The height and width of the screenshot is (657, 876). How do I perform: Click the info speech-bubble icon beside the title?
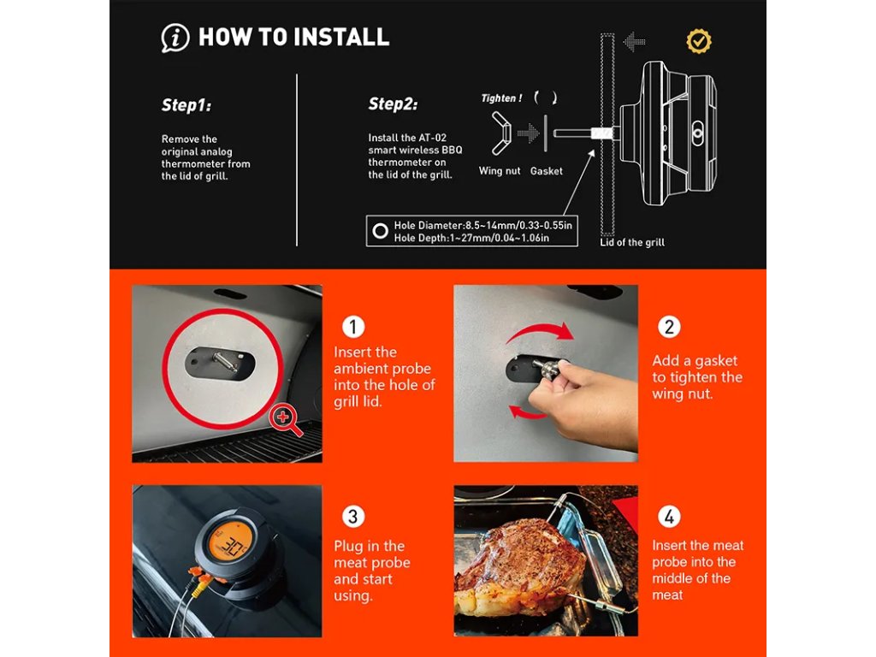coord(175,38)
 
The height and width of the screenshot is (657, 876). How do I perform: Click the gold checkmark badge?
coord(698,41)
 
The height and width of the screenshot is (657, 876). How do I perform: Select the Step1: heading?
coord(186,105)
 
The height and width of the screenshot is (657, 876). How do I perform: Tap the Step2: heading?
coord(393,104)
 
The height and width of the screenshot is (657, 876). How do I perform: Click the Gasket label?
coord(546,171)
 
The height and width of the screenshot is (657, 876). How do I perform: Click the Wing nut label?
coord(500,171)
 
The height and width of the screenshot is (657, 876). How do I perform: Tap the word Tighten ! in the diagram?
coord(501,98)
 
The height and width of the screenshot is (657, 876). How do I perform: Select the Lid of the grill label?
coord(632,242)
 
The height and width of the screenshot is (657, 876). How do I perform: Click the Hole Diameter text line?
coord(482,225)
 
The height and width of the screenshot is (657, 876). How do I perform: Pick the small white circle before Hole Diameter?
coord(381,231)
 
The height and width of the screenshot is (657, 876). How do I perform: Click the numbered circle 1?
coord(353,327)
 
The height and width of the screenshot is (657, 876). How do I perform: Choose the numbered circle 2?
coord(669,327)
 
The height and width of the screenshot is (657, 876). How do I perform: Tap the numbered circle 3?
coord(353,516)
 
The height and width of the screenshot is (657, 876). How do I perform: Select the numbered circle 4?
coord(669,516)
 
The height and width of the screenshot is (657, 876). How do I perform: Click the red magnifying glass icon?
coord(285,420)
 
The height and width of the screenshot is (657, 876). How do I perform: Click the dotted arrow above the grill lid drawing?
coord(634,42)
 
